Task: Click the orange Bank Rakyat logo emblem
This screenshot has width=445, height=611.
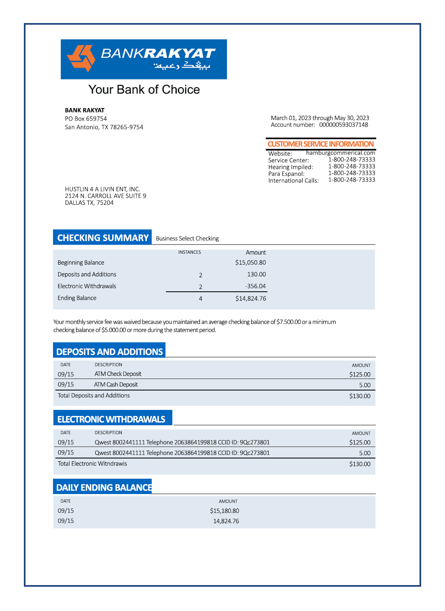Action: click(x=81, y=58)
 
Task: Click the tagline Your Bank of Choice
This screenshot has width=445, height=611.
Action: click(x=144, y=89)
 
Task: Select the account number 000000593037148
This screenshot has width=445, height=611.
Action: click(x=343, y=125)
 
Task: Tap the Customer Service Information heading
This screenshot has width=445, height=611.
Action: click(x=320, y=144)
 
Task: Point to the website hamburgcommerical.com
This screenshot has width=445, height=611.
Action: click(x=341, y=153)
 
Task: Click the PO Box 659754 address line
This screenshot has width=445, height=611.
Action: click(x=86, y=119)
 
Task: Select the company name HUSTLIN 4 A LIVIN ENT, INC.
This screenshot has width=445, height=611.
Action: click(x=102, y=189)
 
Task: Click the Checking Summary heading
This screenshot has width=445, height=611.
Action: click(x=103, y=238)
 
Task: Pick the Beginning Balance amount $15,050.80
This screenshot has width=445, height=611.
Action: click(x=250, y=263)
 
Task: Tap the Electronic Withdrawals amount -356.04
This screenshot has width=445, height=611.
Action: click(x=255, y=286)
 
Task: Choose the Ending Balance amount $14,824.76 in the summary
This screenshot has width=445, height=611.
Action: click(x=250, y=299)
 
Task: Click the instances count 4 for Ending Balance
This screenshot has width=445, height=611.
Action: click(x=201, y=299)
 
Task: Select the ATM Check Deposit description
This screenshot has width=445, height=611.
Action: click(x=118, y=374)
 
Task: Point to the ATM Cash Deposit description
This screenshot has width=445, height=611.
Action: click(x=116, y=384)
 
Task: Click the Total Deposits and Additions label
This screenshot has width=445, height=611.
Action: click(x=93, y=395)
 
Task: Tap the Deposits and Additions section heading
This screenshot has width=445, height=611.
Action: click(x=109, y=352)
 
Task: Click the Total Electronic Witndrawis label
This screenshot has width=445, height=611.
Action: click(x=92, y=464)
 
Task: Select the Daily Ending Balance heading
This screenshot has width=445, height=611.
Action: click(x=104, y=487)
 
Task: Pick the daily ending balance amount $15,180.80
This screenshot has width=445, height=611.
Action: click(x=224, y=511)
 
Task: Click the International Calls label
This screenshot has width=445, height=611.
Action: click(x=293, y=180)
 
